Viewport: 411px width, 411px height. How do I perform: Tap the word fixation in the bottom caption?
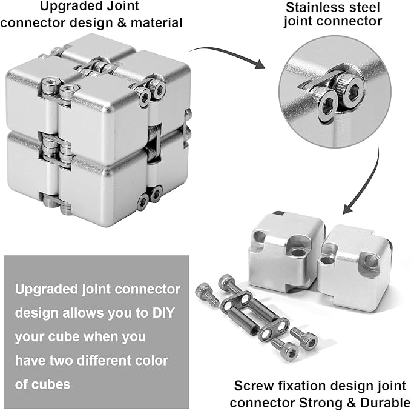[295, 385]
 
